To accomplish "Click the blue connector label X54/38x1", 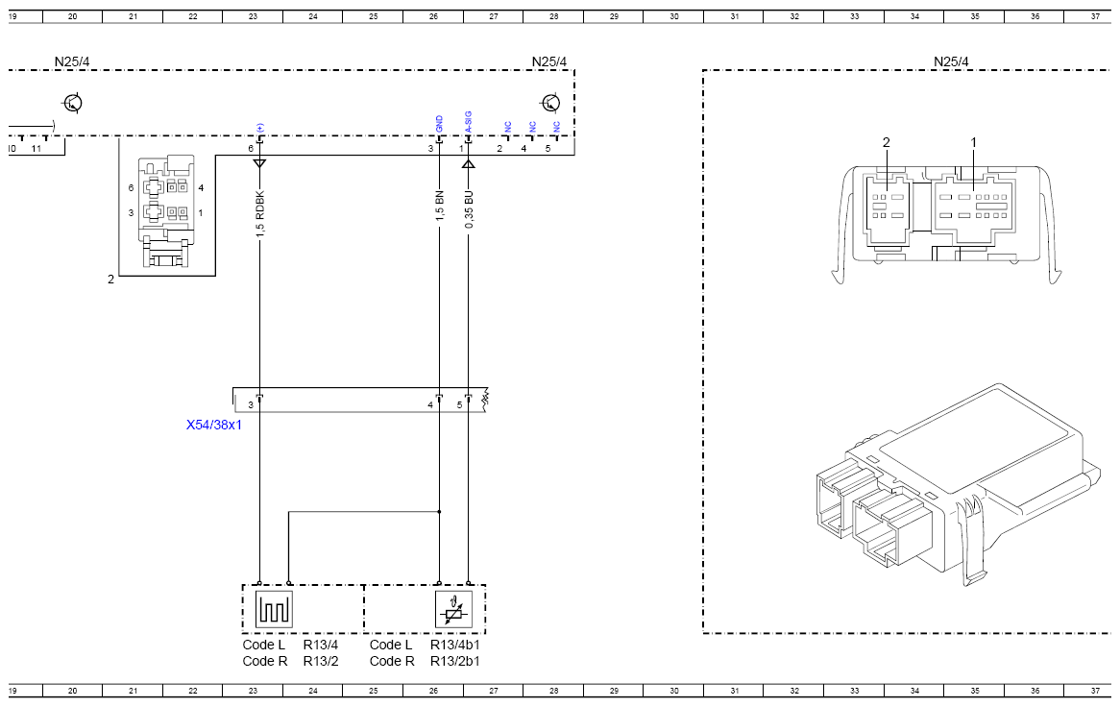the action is pos(214,425).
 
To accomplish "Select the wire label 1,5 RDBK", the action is pos(260,214).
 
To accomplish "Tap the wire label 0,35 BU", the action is pos(469,209).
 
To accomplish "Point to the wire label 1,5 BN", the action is pos(439,206).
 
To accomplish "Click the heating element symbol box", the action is pos(274,609).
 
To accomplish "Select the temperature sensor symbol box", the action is pos(453,609).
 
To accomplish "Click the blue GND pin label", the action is pos(439,124).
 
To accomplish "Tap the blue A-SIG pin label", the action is pos(468,121).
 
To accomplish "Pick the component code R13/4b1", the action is pos(455,645).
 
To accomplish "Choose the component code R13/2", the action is pos(321,661).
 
